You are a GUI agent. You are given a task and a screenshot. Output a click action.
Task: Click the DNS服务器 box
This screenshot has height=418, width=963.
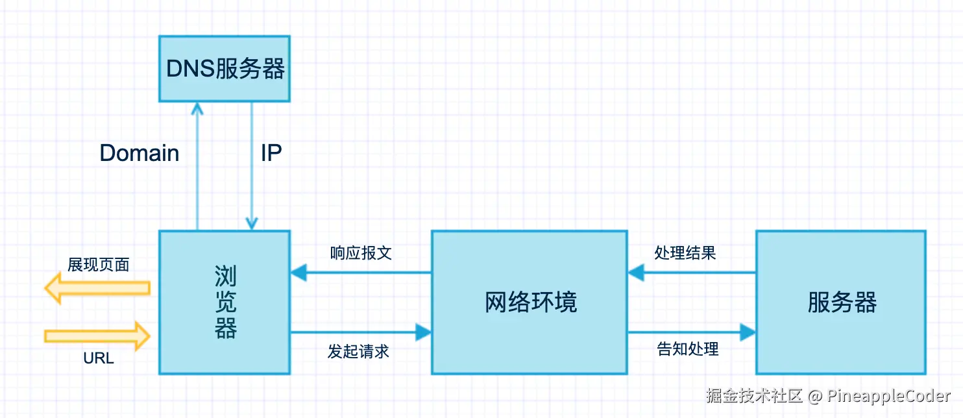225,69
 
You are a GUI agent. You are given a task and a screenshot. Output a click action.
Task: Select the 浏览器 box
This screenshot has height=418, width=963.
225,302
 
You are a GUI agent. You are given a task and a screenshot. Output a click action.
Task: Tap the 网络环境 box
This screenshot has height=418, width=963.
530,302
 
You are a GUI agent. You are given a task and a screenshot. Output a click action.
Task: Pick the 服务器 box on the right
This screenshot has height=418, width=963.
842,302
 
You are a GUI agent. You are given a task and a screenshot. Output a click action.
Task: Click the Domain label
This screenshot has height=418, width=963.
140,153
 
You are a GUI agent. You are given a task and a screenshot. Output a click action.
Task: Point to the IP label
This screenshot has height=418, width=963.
271,153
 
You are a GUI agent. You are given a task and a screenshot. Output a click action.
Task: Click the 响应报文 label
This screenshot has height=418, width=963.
361,253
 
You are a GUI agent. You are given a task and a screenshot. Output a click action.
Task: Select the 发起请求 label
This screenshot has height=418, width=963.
358,352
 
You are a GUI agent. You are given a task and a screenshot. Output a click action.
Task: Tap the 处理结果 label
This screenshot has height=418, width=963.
685,253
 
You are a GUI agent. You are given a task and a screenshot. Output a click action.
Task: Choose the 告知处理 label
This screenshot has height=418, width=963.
688,349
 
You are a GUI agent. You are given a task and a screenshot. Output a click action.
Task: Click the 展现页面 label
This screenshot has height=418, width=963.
99,265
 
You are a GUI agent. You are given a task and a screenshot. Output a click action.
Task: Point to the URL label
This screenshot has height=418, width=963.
99,358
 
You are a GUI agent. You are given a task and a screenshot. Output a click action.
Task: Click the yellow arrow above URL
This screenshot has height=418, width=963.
97,336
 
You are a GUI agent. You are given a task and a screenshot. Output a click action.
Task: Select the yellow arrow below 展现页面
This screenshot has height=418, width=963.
97,288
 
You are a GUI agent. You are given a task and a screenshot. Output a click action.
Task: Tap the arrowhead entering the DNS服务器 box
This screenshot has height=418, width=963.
197,108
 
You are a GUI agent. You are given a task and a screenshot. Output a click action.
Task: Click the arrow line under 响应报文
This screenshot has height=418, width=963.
361,273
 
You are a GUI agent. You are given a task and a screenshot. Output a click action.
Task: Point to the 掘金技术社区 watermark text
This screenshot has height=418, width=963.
755,395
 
